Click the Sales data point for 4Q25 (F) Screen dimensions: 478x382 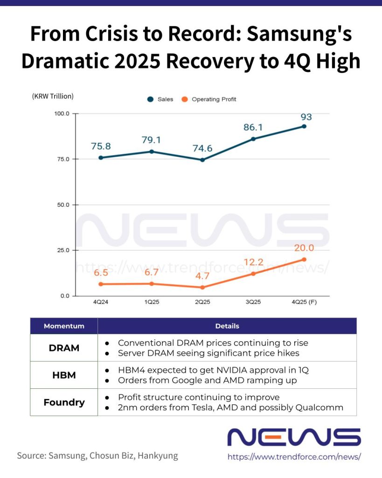(304, 126)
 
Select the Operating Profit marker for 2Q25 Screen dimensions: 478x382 (202, 287)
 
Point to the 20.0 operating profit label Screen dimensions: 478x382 (304, 248)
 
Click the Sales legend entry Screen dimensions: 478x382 (160, 99)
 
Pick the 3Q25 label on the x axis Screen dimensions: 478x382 (253, 302)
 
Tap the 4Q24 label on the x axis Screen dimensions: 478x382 (101, 302)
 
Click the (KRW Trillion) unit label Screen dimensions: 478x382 (53, 97)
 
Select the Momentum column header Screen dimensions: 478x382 (64, 326)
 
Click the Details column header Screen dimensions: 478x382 (227, 326)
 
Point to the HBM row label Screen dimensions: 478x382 (64, 375)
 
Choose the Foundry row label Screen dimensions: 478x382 (64, 402)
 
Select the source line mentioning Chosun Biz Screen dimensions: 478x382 (97, 455)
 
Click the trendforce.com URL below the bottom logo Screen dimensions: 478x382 (294, 457)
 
